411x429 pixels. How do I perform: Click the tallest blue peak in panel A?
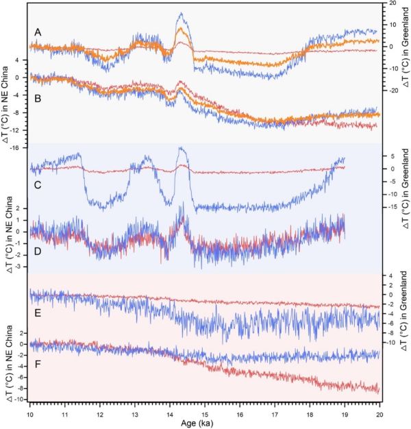[x=181, y=13]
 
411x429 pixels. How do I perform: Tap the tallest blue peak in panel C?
[x=182, y=147]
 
